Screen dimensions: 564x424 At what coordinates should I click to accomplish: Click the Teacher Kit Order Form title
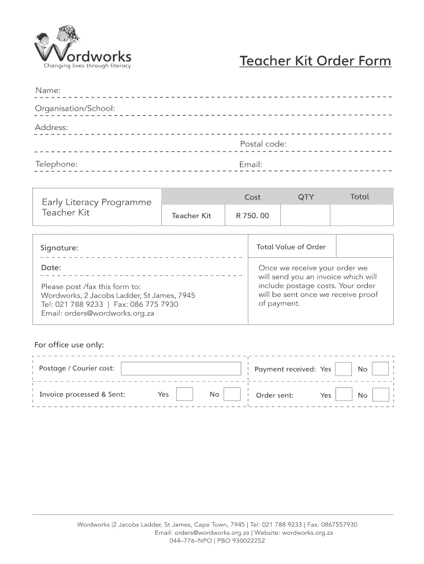pyautogui.click(x=315, y=61)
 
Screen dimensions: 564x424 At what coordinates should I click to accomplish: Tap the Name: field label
pyautogui.click(x=48, y=90)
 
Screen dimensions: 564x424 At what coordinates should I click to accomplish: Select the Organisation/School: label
pyautogui.click(x=75, y=109)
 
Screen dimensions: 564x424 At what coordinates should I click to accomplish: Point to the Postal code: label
pyautogui.click(x=263, y=144)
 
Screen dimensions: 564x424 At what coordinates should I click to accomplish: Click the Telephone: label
pyautogui.click(x=56, y=164)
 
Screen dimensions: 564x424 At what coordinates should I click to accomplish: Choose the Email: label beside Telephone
pyautogui.click(x=251, y=164)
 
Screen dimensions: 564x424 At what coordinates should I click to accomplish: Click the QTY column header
pyautogui.click(x=306, y=197)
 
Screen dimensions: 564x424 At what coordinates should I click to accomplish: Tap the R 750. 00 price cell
pyautogui.click(x=252, y=215)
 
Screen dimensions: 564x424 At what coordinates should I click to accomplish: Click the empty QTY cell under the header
pyautogui.click(x=305, y=215)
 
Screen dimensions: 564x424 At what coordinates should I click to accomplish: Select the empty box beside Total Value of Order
pyautogui.click(x=364, y=247)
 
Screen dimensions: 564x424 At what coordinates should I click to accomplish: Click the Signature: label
pyautogui.click(x=59, y=248)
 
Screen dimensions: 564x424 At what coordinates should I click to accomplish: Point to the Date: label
pyautogui.click(x=51, y=268)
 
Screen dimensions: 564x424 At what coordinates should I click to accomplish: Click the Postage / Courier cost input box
pyautogui.click(x=181, y=368)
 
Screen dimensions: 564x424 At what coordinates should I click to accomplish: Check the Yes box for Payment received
pyautogui.click(x=344, y=369)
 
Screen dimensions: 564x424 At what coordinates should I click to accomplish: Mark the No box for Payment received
pyautogui.click(x=380, y=369)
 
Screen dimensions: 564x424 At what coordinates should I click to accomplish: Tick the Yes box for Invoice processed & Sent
pyautogui.click(x=184, y=394)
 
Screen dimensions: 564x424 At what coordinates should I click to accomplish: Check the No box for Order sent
pyautogui.click(x=380, y=395)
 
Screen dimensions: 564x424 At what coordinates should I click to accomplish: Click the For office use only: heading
pyautogui.click(x=69, y=345)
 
